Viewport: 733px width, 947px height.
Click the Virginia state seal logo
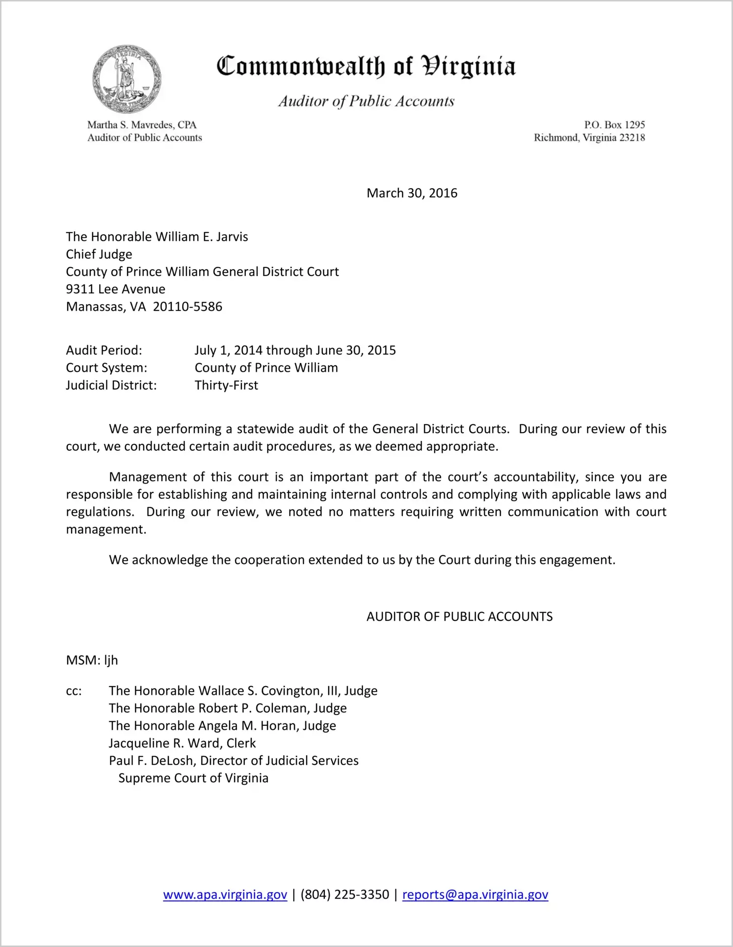coord(127,79)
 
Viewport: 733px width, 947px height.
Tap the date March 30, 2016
coord(412,193)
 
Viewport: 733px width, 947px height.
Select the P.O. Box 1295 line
coord(614,125)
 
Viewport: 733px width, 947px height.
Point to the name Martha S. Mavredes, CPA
coord(142,125)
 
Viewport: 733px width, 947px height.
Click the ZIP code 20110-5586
coord(187,307)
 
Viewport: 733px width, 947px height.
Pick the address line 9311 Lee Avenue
coord(116,289)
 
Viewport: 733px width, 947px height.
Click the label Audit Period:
coord(104,351)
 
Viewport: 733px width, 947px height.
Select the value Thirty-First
coord(226,385)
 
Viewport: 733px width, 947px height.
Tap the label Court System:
coord(106,368)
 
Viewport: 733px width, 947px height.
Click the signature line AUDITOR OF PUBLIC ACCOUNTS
coord(459,617)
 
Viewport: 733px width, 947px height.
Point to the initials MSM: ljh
coord(92,661)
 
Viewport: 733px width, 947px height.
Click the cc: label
coord(74,691)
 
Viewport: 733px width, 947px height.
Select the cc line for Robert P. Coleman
coord(228,709)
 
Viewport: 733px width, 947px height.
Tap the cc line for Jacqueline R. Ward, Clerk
coord(182,743)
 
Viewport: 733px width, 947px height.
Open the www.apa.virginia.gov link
coord(225,895)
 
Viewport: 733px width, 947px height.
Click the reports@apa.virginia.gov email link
coord(475,895)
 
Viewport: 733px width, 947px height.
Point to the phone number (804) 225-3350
coord(344,895)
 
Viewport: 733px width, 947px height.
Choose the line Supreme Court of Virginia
coord(193,779)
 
